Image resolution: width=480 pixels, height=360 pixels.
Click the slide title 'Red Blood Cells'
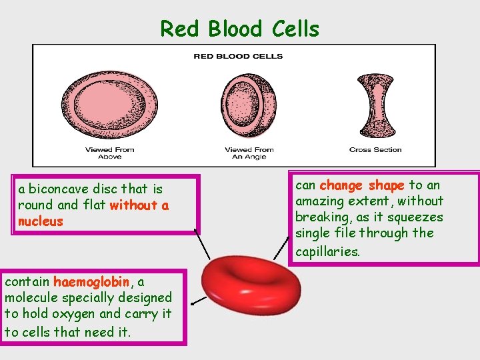[239, 29]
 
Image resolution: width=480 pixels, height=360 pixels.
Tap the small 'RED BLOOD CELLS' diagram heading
[238, 56]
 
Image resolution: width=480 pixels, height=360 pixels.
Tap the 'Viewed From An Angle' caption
[249, 153]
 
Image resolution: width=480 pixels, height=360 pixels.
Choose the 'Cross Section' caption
[375, 149]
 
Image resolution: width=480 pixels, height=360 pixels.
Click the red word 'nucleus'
[41, 221]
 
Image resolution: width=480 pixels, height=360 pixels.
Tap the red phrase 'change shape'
[362, 185]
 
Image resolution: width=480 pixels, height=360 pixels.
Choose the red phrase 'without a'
[139, 205]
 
